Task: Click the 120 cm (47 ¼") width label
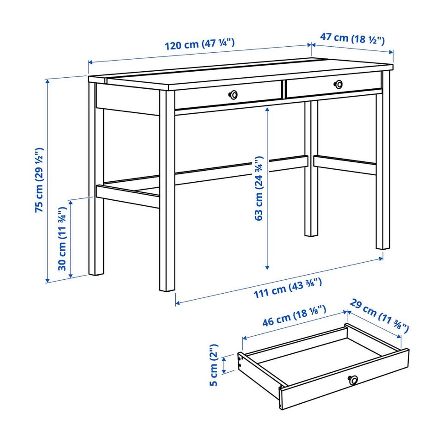click(200, 44)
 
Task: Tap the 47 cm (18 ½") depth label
click(352, 38)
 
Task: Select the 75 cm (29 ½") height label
click(39, 180)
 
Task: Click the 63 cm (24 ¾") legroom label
click(259, 188)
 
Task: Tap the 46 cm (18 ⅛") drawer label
click(294, 316)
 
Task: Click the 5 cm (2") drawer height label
click(214, 365)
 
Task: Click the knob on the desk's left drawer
click(233, 95)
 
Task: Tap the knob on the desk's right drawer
click(338, 84)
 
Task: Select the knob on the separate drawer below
click(353, 380)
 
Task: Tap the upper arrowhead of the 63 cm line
click(267, 109)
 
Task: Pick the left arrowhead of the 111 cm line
click(178, 303)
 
